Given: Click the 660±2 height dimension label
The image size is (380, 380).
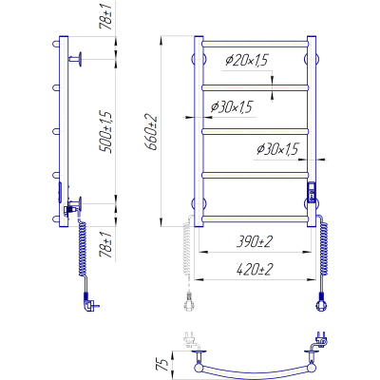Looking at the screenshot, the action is pos(151,132).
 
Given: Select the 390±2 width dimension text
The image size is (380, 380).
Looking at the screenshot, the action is pos(255,242).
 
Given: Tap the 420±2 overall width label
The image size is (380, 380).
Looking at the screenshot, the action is pos(255,270).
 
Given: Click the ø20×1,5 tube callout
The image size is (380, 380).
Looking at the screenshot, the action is pos(247,60).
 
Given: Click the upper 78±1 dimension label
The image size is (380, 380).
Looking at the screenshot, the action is pos(106,18).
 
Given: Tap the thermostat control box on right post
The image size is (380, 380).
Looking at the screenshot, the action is pos(312,192).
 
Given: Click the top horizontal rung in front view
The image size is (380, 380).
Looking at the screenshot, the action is pos(255,44).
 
